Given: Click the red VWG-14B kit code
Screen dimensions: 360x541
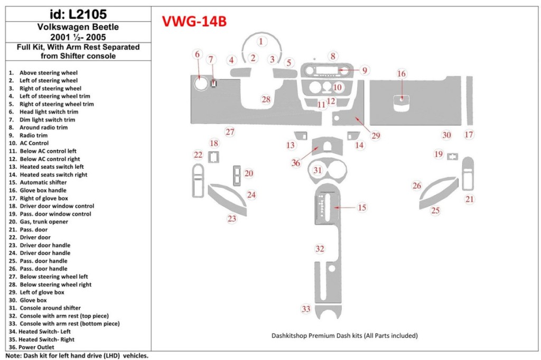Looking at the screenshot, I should (194, 21).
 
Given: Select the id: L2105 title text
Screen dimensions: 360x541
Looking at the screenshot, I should (78, 14).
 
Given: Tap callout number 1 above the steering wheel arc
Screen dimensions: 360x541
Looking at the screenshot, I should (260, 41).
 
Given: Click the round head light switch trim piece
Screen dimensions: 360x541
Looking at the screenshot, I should (200, 84).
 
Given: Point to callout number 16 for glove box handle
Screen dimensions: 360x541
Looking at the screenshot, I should (402, 73).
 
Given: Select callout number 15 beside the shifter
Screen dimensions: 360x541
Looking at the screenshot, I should (362, 208).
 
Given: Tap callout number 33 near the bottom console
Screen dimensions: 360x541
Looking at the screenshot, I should (306, 309).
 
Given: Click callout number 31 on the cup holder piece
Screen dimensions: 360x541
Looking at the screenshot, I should (317, 170).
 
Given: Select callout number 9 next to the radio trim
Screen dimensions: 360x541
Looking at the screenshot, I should (365, 70).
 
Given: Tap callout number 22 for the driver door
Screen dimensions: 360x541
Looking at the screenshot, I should (198, 155).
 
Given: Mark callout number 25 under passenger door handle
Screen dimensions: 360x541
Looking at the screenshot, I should (435, 211).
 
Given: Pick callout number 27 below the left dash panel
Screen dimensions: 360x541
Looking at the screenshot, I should (230, 132).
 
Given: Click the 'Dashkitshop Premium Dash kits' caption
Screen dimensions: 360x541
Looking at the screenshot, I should (344, 335).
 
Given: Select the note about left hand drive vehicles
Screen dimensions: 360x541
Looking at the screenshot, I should (77, 356).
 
